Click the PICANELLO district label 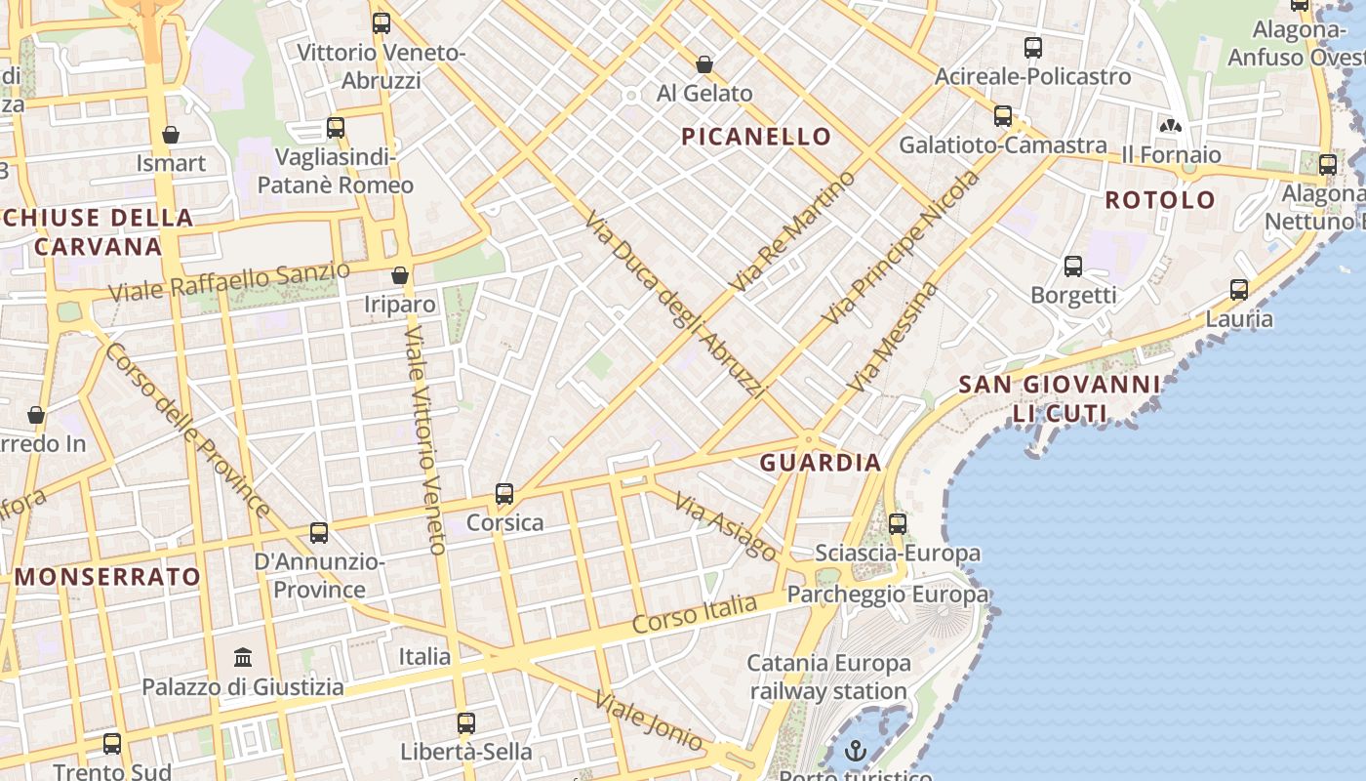[x=756, y=137]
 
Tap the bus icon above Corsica [x=504, y=494]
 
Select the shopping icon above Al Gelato [x=704, y=64]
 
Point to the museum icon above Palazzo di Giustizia [x=243, y=657]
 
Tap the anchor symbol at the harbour [x=856, y=751]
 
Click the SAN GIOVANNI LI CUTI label [x=1060, y=398]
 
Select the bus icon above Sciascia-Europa [x=898, y=524]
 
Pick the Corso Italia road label [x=694, y=614]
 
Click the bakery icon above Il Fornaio [x=1171, y=126]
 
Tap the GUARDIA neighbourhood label [x=821, y=463]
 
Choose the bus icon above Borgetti [x=1073, y=266]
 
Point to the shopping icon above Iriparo [x=400, y=275]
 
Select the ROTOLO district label [x=1160, y=200]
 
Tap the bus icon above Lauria [x=1239, y=290]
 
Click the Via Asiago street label [x=726, y=527]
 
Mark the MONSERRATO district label [x=107, y=577]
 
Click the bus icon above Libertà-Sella [x=466, y=723]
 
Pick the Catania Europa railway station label [x=828, y=678]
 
